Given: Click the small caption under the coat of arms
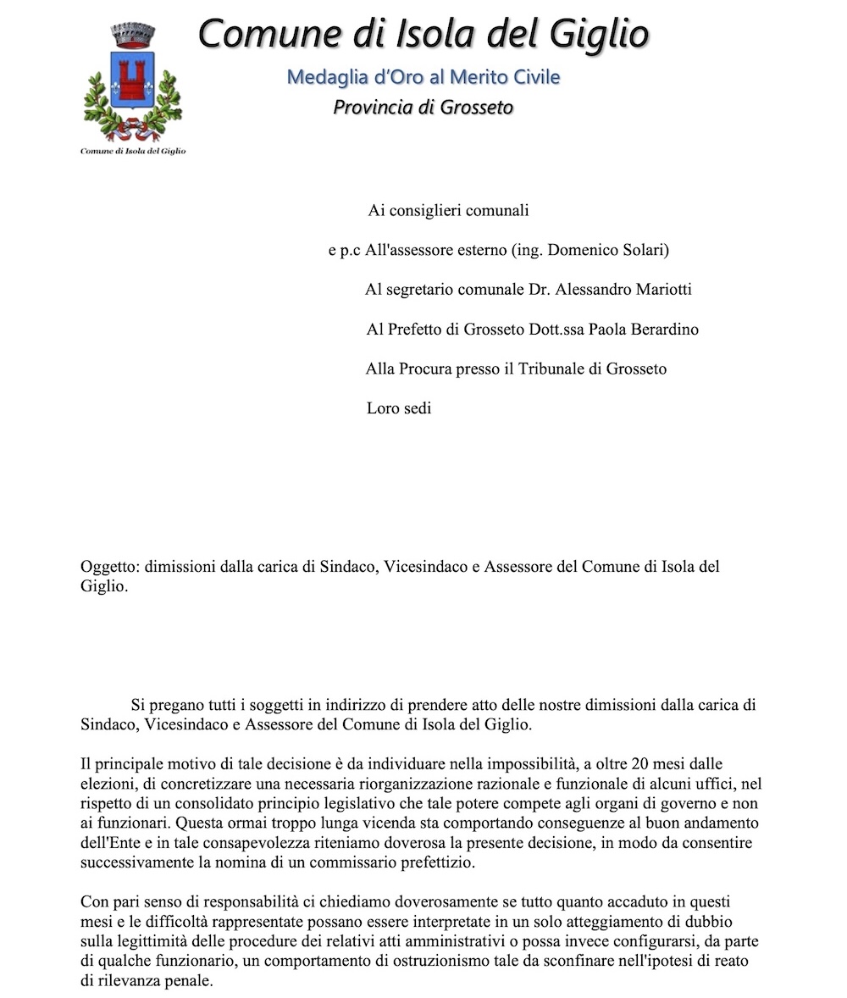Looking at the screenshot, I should [133, 151].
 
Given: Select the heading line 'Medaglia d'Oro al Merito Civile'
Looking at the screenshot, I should [423, 77].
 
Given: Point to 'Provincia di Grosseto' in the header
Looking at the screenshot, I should [423, 108].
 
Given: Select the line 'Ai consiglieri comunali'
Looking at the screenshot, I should [448, 210].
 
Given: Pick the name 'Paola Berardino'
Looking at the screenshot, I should [644, 330].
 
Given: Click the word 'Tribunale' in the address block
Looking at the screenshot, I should [567, 369].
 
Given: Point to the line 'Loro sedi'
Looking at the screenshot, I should [399, 408].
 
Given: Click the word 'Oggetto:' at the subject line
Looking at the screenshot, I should [109, 566].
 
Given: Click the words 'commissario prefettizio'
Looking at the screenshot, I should [425, 862].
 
